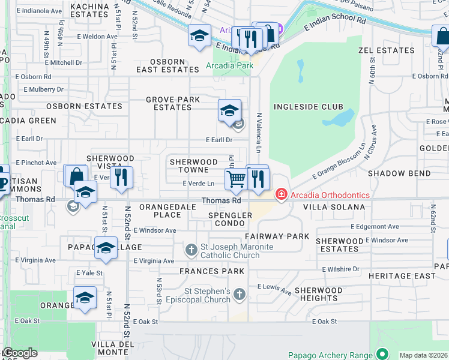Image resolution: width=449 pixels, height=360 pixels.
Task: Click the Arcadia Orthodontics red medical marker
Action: click(280, 194)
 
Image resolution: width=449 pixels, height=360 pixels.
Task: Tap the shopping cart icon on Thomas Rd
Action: click(236, 178)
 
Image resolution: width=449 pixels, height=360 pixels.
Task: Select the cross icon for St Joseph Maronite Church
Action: click(191, 249)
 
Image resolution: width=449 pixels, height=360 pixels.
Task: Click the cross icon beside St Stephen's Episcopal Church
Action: click(240, 294)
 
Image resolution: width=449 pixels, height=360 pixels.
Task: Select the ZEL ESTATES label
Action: click(386, 51)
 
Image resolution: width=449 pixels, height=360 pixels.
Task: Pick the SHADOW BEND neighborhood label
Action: click(399, 173)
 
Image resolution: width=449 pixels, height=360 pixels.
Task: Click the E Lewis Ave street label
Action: click(274, 289)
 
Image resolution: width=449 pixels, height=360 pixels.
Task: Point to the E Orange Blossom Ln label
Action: click(339, 162)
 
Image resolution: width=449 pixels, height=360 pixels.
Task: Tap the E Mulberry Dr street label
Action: click(40, 89)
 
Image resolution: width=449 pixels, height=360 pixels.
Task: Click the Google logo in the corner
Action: click(20, 353)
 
